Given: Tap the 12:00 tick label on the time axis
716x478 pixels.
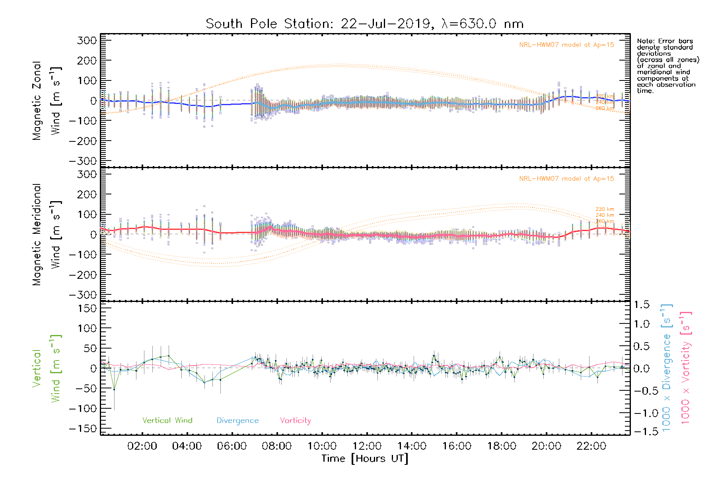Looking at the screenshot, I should tap(367, 446).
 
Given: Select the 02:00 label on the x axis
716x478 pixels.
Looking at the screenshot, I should tap(142, 446).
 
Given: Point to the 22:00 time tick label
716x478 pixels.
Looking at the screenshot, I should tap(591, 446).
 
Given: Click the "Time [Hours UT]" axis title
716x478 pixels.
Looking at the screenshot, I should tap(365, 458).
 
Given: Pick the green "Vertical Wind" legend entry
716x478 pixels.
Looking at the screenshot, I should tap(167, 420).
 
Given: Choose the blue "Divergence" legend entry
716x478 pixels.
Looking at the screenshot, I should tap(237, 420).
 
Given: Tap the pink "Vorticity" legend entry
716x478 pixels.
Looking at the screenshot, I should tap(295, 420).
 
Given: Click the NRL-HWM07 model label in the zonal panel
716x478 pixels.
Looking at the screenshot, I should tap(566, 45).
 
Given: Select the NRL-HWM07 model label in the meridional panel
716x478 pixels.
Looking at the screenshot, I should tap(566, 178).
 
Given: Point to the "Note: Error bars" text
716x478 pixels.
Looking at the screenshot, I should tap(665, 41).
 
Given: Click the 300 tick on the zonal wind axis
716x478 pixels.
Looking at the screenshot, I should tap(87, 40).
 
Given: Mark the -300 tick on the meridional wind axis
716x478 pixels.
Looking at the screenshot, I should tap(83, 295).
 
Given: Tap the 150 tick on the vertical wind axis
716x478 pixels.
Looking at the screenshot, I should tap(87, 308).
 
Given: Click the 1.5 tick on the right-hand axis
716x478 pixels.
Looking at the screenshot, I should tap(641, 305).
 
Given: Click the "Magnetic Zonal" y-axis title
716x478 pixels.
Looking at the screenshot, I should tap(37, 101).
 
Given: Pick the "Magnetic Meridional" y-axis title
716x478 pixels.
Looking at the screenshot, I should tap(37, 235).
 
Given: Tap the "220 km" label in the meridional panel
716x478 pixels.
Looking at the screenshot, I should tap(605, 209).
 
